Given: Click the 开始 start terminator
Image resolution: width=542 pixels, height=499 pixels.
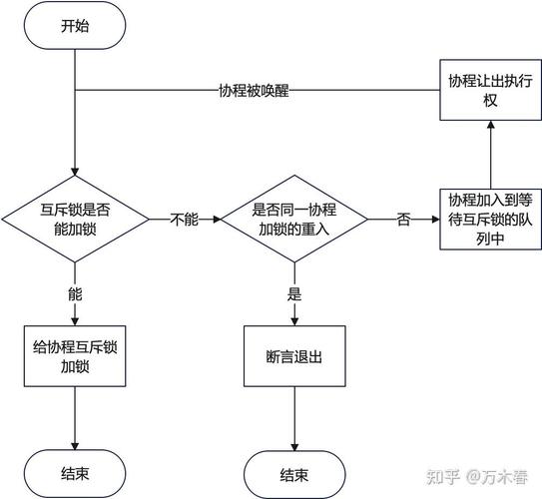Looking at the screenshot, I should coord(75,27).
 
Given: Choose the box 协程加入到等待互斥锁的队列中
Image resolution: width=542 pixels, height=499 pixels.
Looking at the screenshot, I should coord(489,218).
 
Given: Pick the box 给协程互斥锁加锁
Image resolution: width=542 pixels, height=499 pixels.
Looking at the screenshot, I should coord(75,356).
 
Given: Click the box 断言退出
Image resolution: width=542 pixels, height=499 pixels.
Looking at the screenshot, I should coord(293,356).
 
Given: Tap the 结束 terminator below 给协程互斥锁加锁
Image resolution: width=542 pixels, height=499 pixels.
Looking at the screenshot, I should coord(75,473).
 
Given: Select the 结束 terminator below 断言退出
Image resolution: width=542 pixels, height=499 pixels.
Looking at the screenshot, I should coord(293,473).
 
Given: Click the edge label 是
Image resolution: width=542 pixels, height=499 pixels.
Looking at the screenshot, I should coord(293,294).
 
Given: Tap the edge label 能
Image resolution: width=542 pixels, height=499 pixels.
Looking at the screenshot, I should coord(75,294).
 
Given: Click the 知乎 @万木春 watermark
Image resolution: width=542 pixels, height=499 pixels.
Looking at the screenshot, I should coord(478,477).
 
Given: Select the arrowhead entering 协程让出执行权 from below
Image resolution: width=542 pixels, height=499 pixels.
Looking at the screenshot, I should coord(489,126).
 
